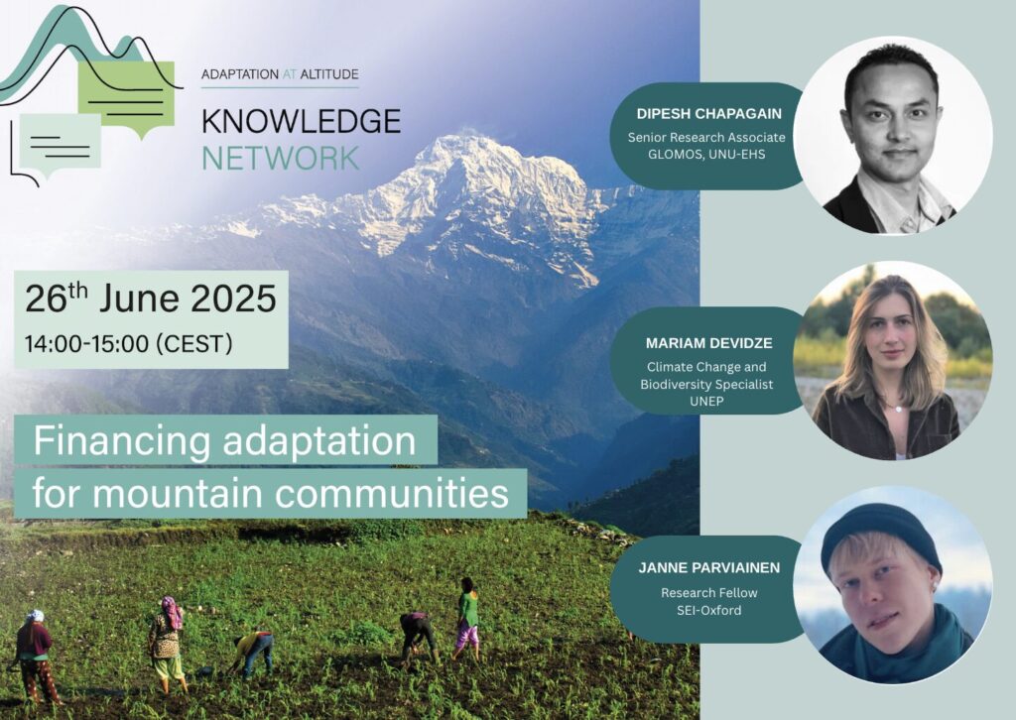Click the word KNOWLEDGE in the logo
(301, 121)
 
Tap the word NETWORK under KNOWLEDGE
(281, 158)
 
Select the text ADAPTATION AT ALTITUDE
(280, 74)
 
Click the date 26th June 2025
(151, 299)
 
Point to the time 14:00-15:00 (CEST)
(128, 344)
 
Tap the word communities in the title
(392, 494)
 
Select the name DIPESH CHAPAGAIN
(708, 114)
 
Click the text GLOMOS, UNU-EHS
(706, 155)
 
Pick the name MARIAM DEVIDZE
(708, 343)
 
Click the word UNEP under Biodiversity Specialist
(706, 402)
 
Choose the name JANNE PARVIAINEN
(708, 568)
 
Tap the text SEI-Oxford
(708, 610)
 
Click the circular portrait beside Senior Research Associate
(893, 135)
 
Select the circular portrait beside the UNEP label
(893, 361)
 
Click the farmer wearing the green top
(466, 618)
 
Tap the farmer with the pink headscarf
(167, 645)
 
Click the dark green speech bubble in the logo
(127, 98)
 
